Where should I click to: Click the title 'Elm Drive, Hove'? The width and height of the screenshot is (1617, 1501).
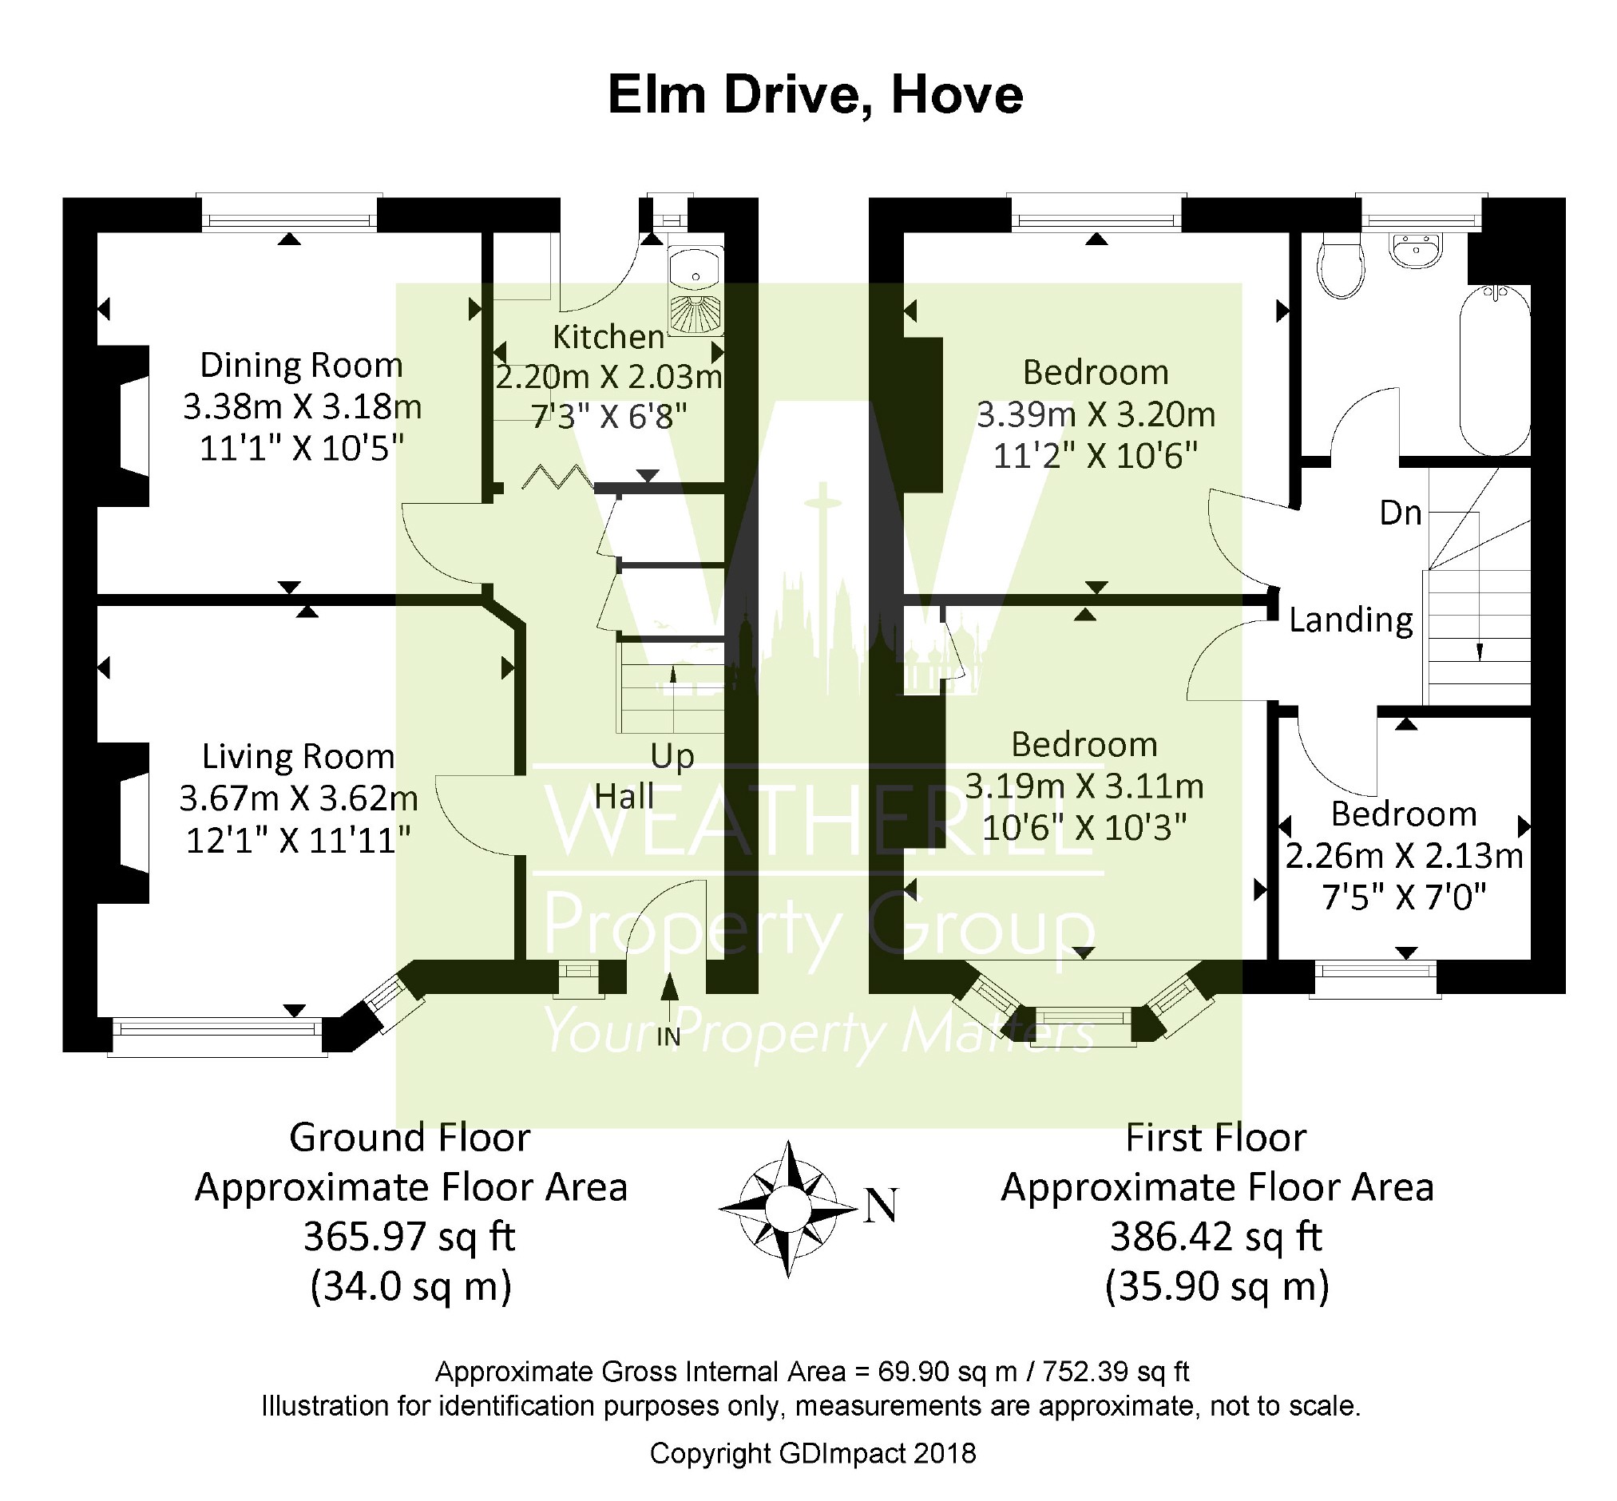[x=814, y=96]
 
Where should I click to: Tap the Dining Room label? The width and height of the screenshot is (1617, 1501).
[x=301, y=365]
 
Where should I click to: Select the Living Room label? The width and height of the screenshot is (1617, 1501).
[x=298, y=756]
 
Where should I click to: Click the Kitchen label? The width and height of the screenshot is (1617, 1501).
[x=608, y=336]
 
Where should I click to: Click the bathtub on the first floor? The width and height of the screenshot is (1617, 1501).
[x=1494, y=370]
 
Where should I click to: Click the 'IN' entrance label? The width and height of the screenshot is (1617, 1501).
[x=668, y=1036]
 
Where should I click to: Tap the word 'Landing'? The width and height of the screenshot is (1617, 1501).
[x=1351, y=620]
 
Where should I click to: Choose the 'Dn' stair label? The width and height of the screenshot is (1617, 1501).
[x=1401, y=513]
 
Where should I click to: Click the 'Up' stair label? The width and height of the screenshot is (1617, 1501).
[x=672, y=757]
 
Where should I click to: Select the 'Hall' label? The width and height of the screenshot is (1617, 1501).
[x=624, y=797]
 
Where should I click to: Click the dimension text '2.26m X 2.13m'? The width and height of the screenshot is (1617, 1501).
[x=1404, y=856]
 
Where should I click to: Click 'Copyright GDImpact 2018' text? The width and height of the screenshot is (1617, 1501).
[x=813, y=1453]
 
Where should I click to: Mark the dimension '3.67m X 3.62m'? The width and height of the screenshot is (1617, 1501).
[x=299, y=798]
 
